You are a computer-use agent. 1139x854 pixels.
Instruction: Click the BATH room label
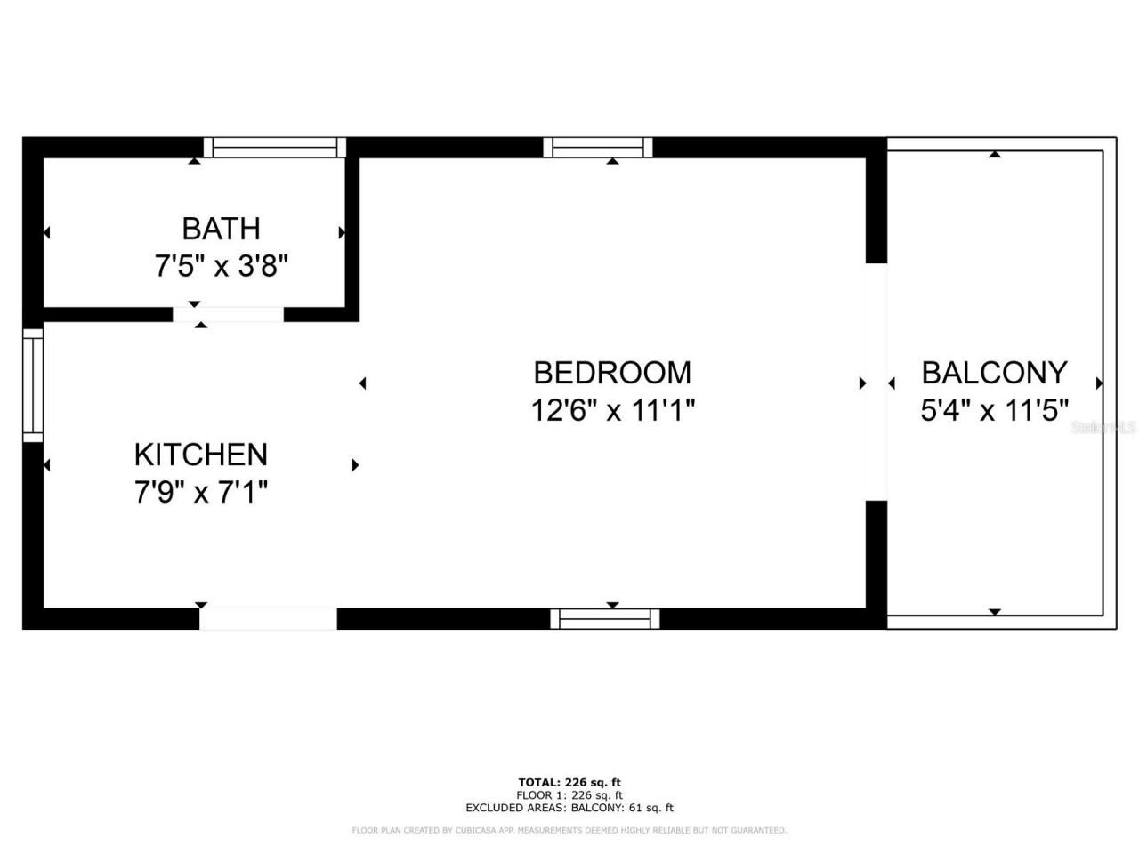pos(221,229)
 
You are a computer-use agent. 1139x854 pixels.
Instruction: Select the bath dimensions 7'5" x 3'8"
pos(221,265)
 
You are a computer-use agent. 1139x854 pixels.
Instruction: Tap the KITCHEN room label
pos(200,455)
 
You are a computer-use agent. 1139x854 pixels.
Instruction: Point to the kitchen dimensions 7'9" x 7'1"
pos(200,491)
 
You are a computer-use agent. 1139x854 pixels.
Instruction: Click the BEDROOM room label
pos(612,372)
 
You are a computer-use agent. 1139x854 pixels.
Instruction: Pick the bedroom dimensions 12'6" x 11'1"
pos(612,410)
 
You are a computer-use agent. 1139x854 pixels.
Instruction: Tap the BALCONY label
pos(994,372)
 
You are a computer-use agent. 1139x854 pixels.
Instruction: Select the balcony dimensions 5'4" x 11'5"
pos(994,410)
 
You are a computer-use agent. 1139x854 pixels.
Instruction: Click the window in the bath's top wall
pos(274,148)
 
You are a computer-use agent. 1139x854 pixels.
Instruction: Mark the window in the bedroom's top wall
pos(597,148)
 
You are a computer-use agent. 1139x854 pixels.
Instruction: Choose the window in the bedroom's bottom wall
pos(605,619)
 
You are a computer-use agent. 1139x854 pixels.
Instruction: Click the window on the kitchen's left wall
pos(33,384)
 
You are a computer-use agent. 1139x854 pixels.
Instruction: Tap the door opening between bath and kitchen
pos(228,314)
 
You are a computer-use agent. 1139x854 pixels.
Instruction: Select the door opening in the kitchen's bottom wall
pos(268,619)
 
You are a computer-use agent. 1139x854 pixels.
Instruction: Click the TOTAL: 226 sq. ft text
pos(569,783)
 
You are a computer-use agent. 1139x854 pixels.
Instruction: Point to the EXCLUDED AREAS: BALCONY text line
pos(569,808)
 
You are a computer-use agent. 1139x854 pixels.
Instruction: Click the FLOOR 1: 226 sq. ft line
pos(569,795)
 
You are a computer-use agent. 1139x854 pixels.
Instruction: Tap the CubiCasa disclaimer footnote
pos(569,831)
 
